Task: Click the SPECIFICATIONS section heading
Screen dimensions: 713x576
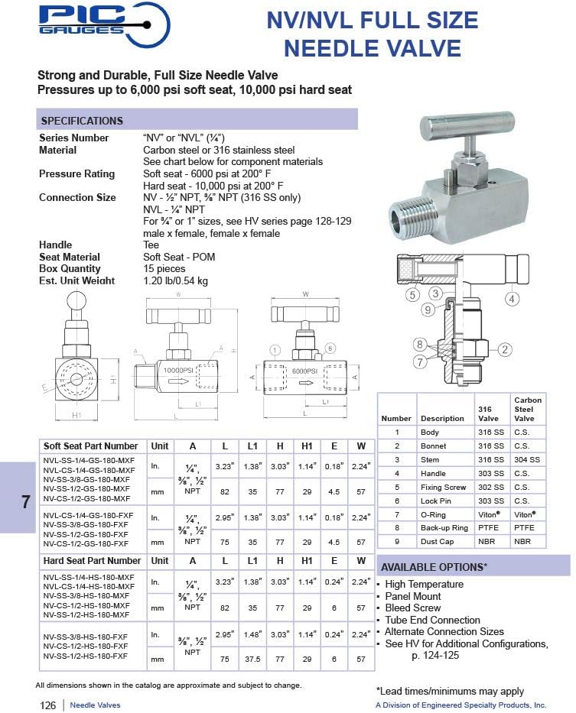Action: pyautogui.click(x=82, y=121)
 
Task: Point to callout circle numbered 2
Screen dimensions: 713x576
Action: pyautogui.click(x=504, y=349)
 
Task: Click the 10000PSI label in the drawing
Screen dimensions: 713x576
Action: pyautogui.click(x=181, y=370)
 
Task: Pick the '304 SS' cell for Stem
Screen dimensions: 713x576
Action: pyautogui.click(x=527, y=459)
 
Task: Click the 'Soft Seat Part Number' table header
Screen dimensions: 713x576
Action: pyautogui.click(x=91, y=446)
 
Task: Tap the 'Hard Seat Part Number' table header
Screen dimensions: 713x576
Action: pyautogui.click(x=92, y=561)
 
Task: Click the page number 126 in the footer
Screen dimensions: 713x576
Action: pyautogui.click(x=47, y=705)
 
